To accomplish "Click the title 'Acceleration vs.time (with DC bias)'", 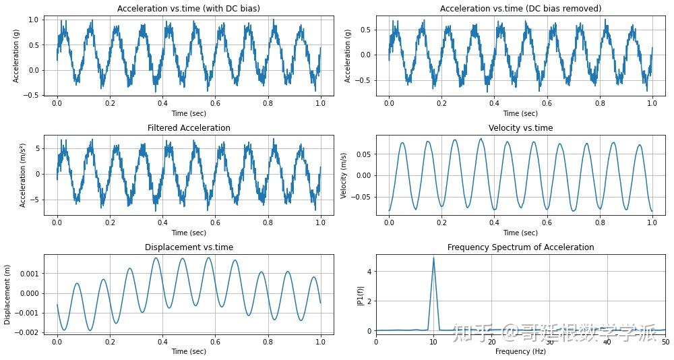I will tap(188, 9).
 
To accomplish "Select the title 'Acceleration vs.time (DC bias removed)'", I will tap(520, 9).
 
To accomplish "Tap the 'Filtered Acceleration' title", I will tap(189, 128).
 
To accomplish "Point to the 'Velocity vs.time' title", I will tap(520, 128).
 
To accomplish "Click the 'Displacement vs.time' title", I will tap(189, 247).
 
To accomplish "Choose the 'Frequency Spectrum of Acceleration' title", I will tap(520, 247).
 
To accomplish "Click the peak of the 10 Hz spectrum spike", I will tap(433, 257).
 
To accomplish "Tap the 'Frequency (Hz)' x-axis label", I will tap(520, 352).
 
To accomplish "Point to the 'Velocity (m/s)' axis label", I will tap(344, 175).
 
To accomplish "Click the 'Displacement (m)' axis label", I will tap(7, 295).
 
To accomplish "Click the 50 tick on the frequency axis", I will tap(665, 342).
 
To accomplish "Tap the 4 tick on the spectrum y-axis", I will tap(369, 272).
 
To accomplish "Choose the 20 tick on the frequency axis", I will tap(491, 342).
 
